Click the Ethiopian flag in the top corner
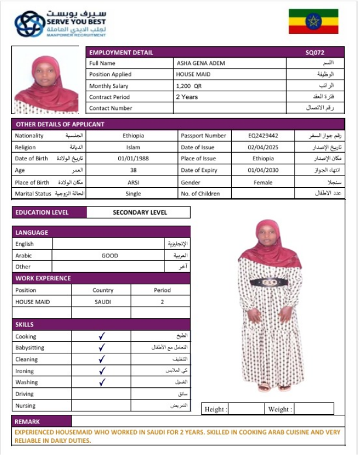click(313, 22)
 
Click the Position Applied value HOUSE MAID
click(194, 75)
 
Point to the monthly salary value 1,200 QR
click(188, 86)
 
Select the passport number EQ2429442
click(263, 136)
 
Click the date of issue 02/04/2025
click(263, 147)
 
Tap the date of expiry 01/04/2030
click(263, 170)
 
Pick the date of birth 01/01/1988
click(133, 159)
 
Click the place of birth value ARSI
click(133, 182)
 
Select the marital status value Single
click(133, 194)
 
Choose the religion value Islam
click(133, 147)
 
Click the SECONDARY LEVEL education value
click(139, 213)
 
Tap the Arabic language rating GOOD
click(109, 256)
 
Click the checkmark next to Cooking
click(101, 336)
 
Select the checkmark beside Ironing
click(101, 371)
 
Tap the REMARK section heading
click(28, 421)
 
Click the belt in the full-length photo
click(269, 282)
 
